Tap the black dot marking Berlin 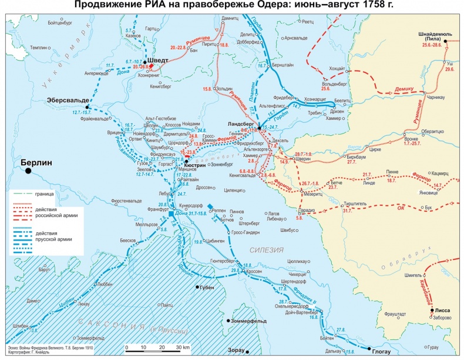[x=28, y=171]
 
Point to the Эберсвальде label [x=67, y=100]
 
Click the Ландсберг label [x=243, y=125]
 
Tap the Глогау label [x=381, y=352]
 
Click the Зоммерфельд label [x=249, y=321]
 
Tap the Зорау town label [x=235, y=351]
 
